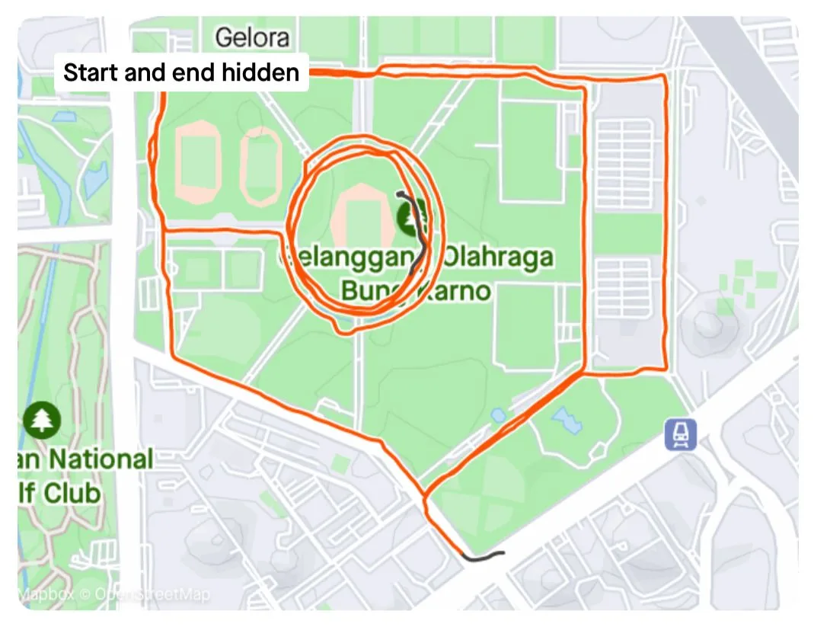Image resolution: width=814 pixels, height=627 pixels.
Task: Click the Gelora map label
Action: click(x=252, y=37)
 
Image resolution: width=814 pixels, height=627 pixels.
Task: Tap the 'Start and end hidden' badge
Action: click(x=181, y=73)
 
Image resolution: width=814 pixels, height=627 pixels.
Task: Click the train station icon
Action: click(x=680, y=434)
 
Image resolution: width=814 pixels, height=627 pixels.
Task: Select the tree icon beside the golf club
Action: click(x=41, y=419)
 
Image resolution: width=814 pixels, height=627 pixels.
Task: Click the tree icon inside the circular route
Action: click(x=411, y=220)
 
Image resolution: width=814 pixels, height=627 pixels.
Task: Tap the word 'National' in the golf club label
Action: click(x=101, y=459)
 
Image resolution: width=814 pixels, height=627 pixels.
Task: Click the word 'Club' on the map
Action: click(x=72, y=493)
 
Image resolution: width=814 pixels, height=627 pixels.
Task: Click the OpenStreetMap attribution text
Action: click(x=152, y=594)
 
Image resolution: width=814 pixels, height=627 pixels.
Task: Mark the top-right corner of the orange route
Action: click(x=666, y=76)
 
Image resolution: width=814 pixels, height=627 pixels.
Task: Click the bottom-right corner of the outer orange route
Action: click(x=666, y=369)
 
